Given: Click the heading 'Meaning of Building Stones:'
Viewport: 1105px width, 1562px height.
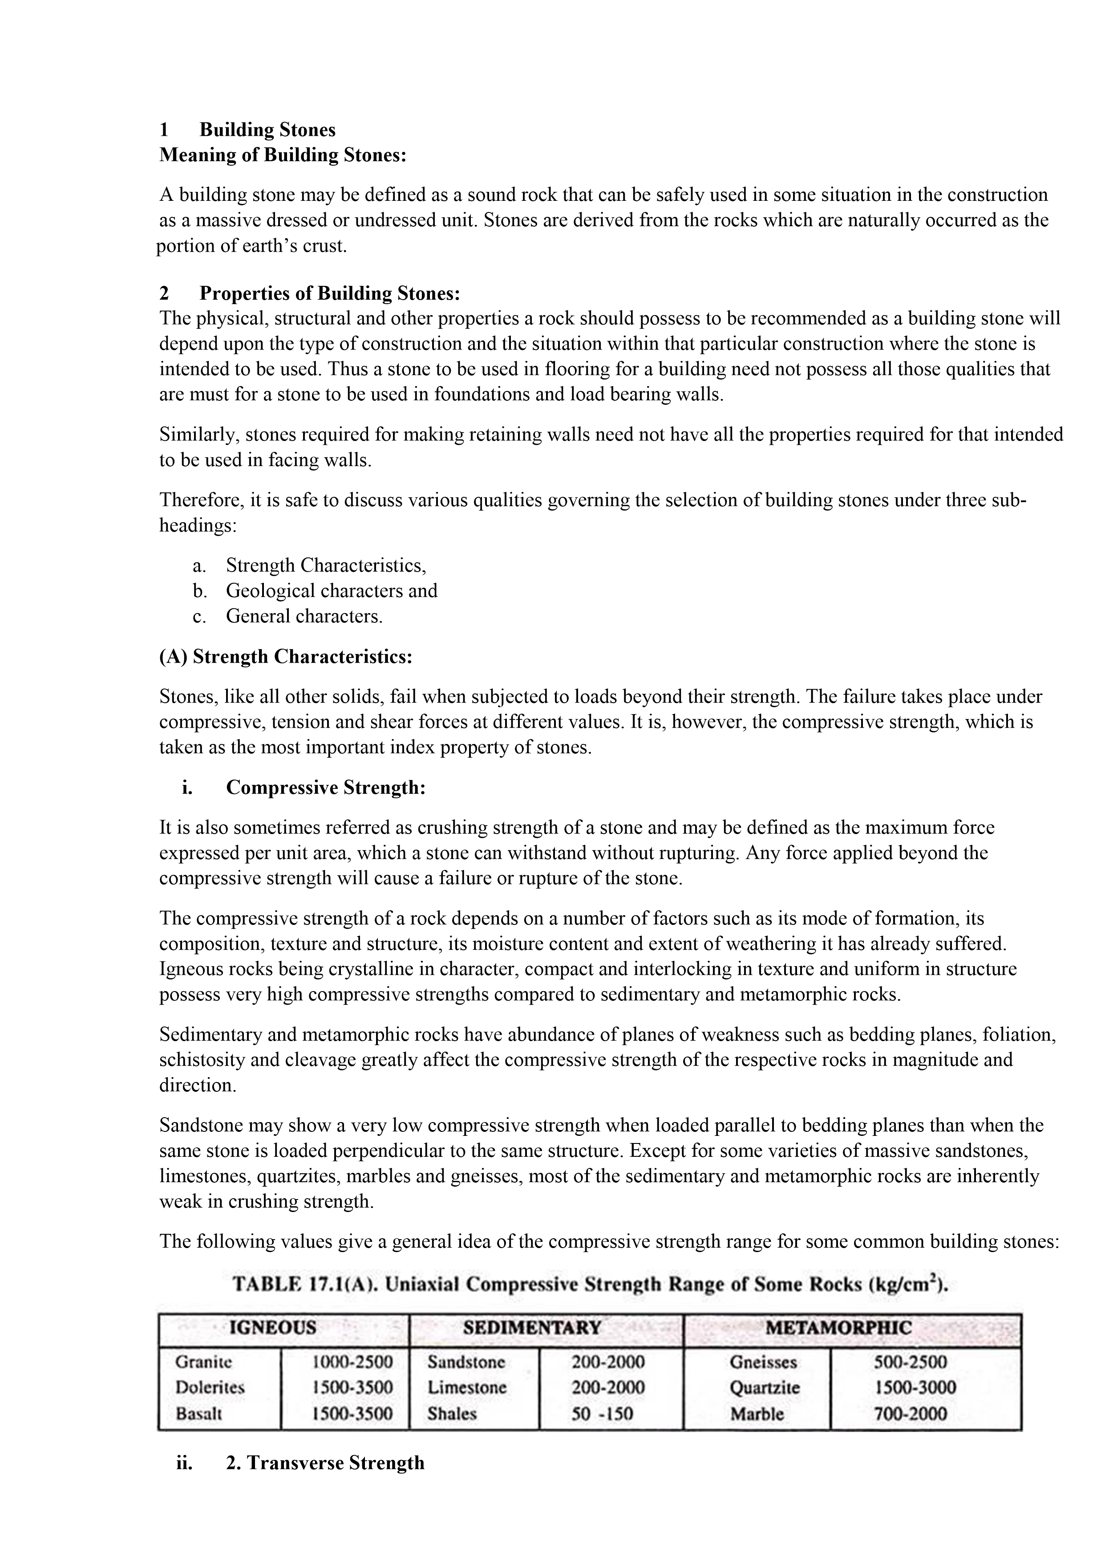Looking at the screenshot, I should click(283, 155).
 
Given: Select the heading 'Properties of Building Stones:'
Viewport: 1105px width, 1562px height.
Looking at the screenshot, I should click(330, 293).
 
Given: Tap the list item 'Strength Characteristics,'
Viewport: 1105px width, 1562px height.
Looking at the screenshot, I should click(326, 565).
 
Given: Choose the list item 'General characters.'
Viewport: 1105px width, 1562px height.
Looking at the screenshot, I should click(304, 616).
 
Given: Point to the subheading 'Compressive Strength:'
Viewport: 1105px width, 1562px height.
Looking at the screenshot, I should click(326, 788).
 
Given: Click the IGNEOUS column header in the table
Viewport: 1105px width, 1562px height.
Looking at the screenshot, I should click(273, 1328).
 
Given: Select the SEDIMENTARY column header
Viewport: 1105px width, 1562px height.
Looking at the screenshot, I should click(532, 1328).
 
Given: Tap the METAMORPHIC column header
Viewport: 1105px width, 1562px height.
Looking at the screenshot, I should click(838, 1328).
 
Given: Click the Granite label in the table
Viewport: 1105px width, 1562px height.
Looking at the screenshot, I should click(203, 1362).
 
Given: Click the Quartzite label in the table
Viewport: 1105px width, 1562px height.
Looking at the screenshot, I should click(765, 1388).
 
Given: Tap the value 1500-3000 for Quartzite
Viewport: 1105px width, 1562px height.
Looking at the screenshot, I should click(915, 1388).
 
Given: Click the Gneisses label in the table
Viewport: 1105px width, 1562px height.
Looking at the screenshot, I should click(763, 1362).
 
